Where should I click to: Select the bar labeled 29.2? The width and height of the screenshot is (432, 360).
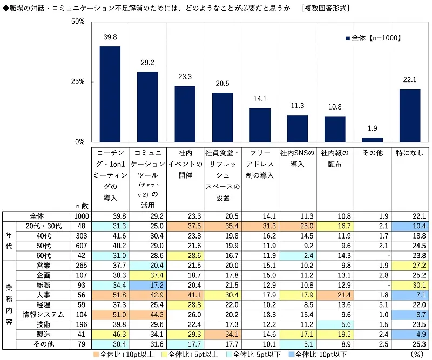tap(147, 107)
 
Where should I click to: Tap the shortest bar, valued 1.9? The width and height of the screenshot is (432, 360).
tap(373, 140)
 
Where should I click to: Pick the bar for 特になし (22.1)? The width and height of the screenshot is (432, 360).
tap(410, 116)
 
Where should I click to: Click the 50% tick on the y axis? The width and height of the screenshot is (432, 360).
tap(78, 22)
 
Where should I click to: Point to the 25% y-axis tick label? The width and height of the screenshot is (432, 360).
tap(78, 82)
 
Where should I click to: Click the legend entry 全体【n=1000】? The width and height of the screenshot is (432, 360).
tap(372, 38)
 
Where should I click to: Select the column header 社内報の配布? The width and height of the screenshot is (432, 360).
tap(335, 159)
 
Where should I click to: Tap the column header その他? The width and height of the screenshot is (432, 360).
tap(373, 153)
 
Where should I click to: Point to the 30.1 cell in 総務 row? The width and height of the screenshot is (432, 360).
tap(410, 286)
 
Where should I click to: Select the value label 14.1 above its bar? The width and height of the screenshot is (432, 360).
tap(260, 99)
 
